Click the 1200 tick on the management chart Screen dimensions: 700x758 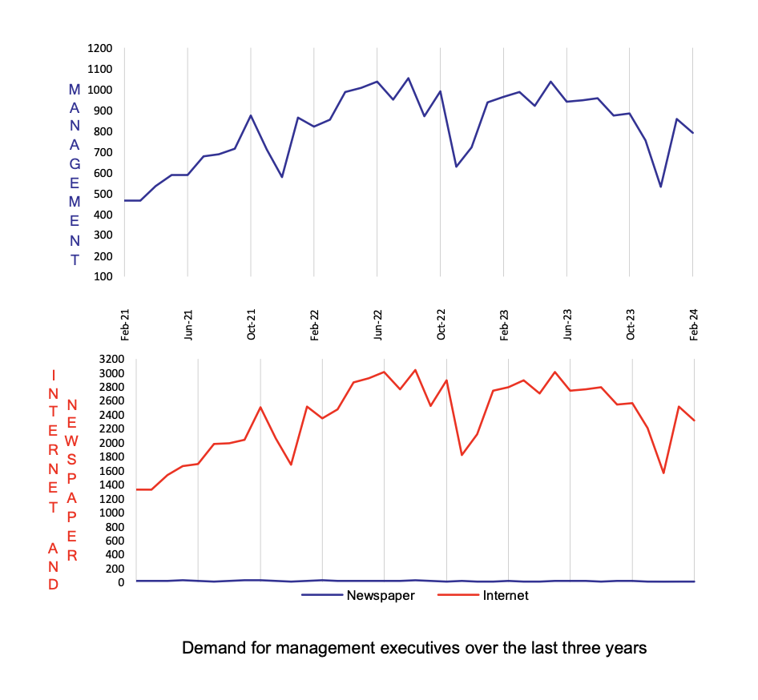pos(100,48)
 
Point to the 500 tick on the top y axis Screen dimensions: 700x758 pos(103,194)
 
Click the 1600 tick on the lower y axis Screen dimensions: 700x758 pos(112,471)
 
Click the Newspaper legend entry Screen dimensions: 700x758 pos(380,596)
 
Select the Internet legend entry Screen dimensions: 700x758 pos(506,596)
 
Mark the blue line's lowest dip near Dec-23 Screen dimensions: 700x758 pos(661,187)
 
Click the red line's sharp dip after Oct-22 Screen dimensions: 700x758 pos(462,455)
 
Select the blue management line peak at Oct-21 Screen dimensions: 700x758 pos(251,115)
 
